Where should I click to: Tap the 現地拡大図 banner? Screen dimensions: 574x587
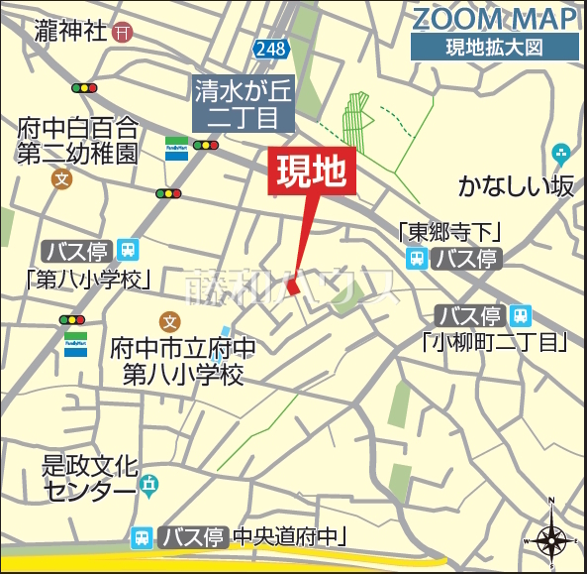pyautogui.click(x=494, y=47)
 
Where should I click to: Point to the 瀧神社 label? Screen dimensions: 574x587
pyautogui.click(x=69, y=33)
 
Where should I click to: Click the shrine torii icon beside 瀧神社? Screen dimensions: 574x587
pyautogui.click(x=123, y=33)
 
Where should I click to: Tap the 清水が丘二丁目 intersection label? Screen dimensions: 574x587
pyautogui.click(x=244, y=104)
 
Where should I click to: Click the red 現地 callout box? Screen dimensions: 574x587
pyautogui.click(x=310, y=173)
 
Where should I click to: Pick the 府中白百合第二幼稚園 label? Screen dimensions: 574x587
pyautogui.click(x=78, y=140)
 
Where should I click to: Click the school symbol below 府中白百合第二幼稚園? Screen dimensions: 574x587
pyautogui.click(x=62, y=179)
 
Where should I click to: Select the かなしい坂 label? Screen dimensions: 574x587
pyautogui.click(x=516, y=185)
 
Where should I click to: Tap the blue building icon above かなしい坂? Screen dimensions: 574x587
pyautogui.click(x=560, y=155)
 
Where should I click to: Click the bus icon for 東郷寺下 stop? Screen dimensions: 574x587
pyautogui.click(x=416, y=259)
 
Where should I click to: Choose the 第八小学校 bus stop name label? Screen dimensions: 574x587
pyautogui.click(x=89, y=277)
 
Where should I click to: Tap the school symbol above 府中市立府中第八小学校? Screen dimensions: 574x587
pyautogui.click(x=169, y=322)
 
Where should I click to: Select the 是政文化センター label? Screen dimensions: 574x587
pyautogui.click(x=89, y=476)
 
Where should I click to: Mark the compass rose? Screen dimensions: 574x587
pyautogui.click(x=551, y=539)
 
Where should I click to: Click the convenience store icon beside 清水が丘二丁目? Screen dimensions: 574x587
pyautogui.click(x=178, y=149)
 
